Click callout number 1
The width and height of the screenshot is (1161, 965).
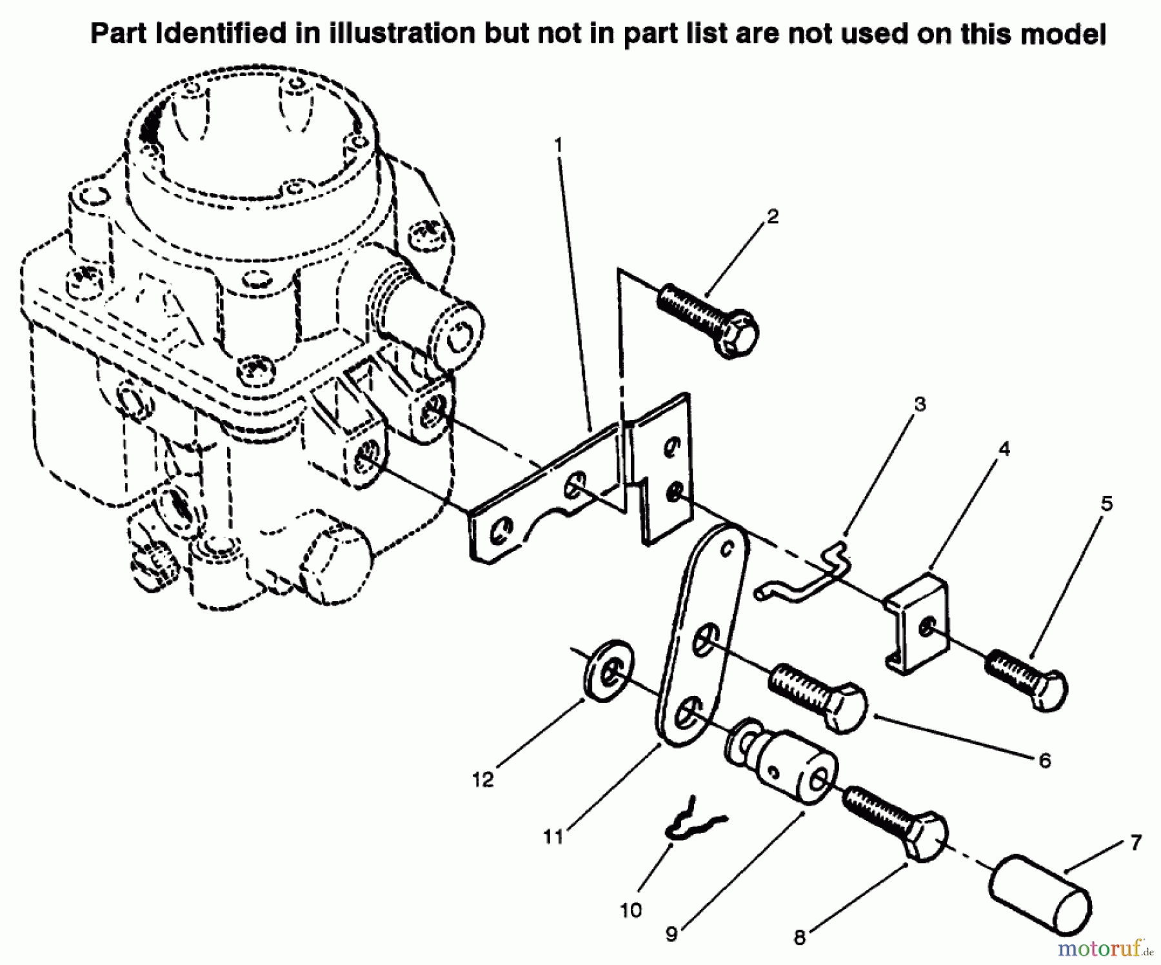559,144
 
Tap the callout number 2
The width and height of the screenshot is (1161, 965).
772,216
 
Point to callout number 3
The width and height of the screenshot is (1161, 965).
920,404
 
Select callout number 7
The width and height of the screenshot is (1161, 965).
1136,842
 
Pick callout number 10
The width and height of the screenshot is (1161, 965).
631,910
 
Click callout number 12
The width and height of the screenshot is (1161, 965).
482,779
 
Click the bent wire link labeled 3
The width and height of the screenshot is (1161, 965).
806,574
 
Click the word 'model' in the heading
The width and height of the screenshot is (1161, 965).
1063,34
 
